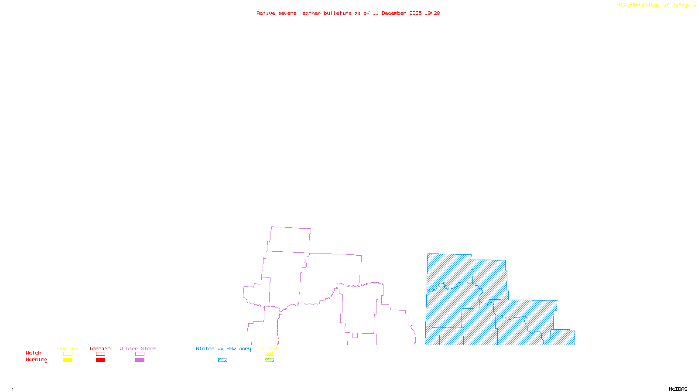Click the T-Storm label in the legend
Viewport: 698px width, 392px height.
tap(67, 348)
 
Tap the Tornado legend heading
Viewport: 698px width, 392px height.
tap(100, 348)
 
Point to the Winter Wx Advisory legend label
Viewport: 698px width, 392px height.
tap(223, 348)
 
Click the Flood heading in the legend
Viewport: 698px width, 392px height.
tap(269, 348)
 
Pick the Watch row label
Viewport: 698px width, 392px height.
tap(34, 353)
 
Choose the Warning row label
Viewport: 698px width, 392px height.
tap(37, 360)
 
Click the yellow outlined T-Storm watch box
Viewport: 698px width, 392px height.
tap(68, 354)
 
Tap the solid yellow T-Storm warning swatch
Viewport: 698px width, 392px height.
tap(68, 360)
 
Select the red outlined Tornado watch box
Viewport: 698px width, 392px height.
tap(100, 354)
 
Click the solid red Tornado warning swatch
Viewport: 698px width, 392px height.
tap(100, 360)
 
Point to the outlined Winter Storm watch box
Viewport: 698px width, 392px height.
tap(140, 354)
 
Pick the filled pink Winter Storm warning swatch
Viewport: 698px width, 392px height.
tap(140, 360)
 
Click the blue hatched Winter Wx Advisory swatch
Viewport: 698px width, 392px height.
tap(222, 360)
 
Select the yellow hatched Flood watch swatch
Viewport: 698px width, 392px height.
tap(269, 354)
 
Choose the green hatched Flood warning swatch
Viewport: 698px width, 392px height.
tap(269, 360)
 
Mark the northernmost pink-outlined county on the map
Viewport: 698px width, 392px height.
tap(290, 239)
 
